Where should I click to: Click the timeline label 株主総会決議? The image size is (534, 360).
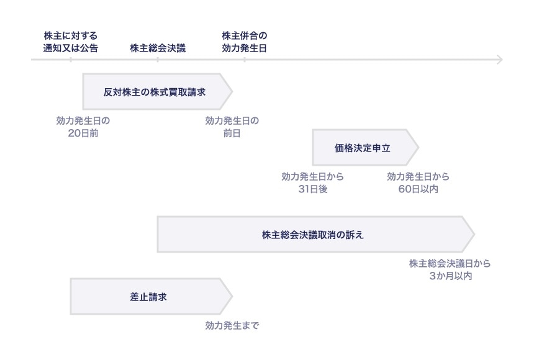coord(158,48)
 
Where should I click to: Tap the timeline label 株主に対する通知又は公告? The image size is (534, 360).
coord(70,42)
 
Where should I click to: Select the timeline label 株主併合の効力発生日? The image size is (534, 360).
coord(244,42)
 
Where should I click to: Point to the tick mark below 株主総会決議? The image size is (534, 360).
coord(158,60)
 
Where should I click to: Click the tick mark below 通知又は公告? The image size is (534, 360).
coord(70,60)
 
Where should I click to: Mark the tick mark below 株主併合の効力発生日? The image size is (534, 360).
coord(244,60)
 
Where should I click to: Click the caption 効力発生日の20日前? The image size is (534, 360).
coord(83,127)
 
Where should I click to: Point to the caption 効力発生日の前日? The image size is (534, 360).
coord(232,127)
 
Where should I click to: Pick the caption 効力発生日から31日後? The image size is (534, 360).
coord(312,182)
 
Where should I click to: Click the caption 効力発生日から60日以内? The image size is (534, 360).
coord(418,182)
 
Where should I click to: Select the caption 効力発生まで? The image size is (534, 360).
coord(232,325)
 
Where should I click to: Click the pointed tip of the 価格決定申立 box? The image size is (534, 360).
coord(418,148)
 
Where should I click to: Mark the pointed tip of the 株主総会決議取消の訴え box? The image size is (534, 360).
coord(474,235)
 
